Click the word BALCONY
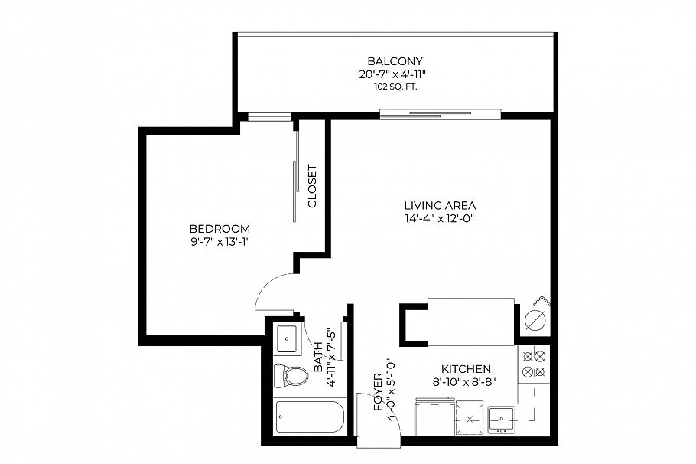(395, 61)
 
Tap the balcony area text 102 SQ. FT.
(395, 87)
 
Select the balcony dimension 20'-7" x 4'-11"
(395, 74)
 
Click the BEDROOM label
(220, 229)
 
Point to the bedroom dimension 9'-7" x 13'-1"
(220, 242)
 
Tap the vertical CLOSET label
(312, 187)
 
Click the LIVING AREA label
(440, 205)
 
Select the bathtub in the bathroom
(310, 420)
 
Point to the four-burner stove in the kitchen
(533, 364)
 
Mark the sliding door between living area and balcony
(441, 116)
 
